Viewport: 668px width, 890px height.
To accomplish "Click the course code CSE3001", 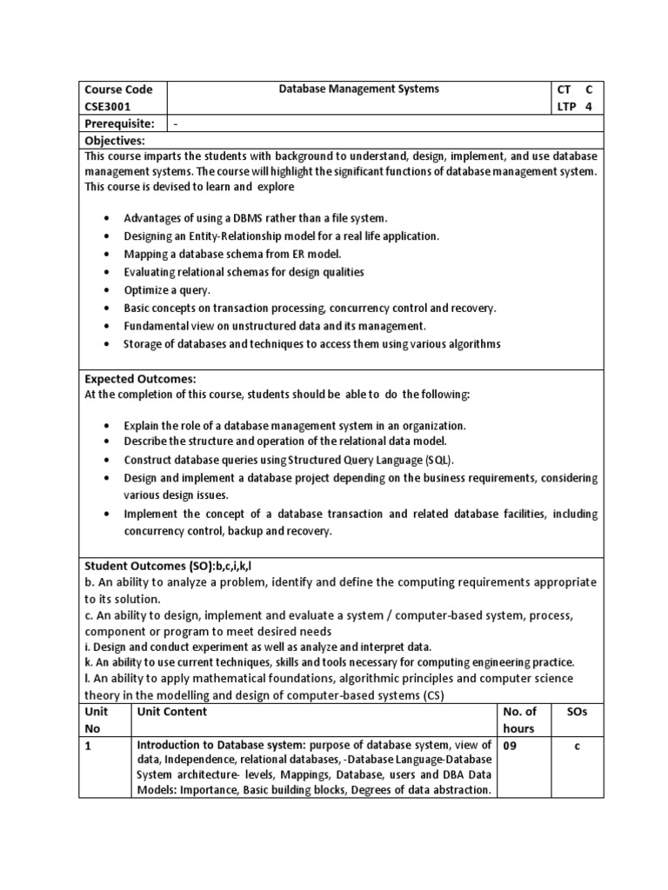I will pyautogui.click(x=108, y=106).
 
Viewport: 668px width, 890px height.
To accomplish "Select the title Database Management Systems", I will pyautogui.click(x=358, y=89).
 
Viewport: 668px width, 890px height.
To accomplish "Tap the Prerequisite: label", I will pyautogui.click(x=119, y=123).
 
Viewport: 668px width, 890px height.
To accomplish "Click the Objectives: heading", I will pyautogui.click(x=114, y=140).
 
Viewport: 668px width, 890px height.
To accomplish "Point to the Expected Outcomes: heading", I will pyautogui.click(x=140, y=379).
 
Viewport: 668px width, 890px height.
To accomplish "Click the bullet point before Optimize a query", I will pyautogui.click(x=106, y=290).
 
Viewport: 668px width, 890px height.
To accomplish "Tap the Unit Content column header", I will pyautogui.click(x=171, y=711).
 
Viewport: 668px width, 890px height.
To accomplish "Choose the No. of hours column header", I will pyautogui.click(x=521, y=720).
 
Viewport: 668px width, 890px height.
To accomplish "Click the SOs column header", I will pyautogui.click(x=577, y=711).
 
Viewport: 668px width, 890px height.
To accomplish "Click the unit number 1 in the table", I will pyautogui.click(x=88, y=746).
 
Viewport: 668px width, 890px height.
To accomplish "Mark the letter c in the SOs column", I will pyautogui.click(x=577, y=746).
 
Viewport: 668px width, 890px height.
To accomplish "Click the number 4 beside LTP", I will pyautogui.click(x=588, y=106).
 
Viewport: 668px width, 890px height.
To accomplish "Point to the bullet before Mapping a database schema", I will pyautogui.click(x=106, y=254).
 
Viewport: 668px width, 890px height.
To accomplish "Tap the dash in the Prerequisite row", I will pyautogui.click(x=177, y=123).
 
